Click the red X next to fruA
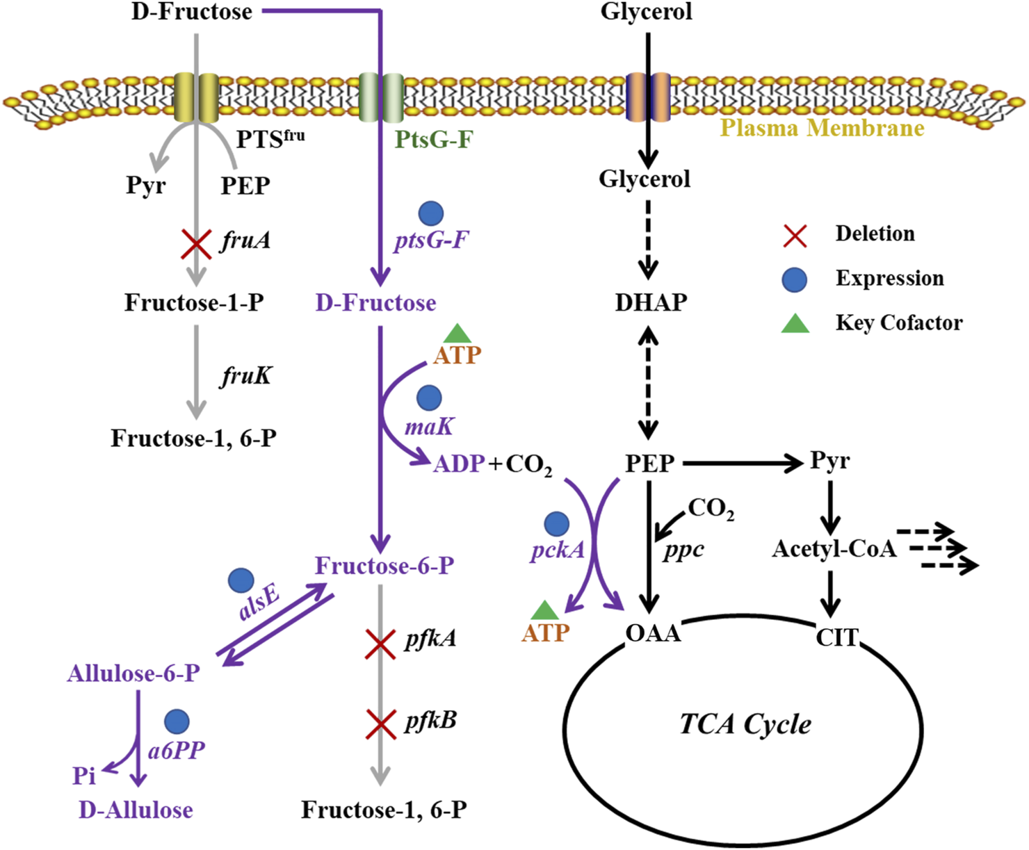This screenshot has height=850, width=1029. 197,244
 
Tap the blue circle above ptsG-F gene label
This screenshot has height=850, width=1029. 431,214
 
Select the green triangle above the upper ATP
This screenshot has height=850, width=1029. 457,333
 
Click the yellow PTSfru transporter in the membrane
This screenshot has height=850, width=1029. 196,97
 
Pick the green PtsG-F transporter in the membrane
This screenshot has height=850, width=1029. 381,97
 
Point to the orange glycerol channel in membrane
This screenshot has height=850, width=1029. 648,97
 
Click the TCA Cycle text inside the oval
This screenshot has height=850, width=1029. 745,724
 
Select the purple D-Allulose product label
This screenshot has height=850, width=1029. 136,810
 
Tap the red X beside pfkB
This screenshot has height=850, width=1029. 380,724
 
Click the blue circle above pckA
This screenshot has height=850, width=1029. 556,524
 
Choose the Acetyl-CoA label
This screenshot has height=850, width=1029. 834,549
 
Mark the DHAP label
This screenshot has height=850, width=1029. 651,302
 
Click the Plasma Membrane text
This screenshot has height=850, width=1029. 822,129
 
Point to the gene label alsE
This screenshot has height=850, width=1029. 259,601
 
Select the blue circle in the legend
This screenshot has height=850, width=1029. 795,279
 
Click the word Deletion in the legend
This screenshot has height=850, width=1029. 875,234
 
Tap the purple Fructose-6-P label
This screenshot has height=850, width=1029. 384,566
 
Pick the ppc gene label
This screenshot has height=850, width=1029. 683,550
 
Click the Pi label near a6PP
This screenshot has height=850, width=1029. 84,776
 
